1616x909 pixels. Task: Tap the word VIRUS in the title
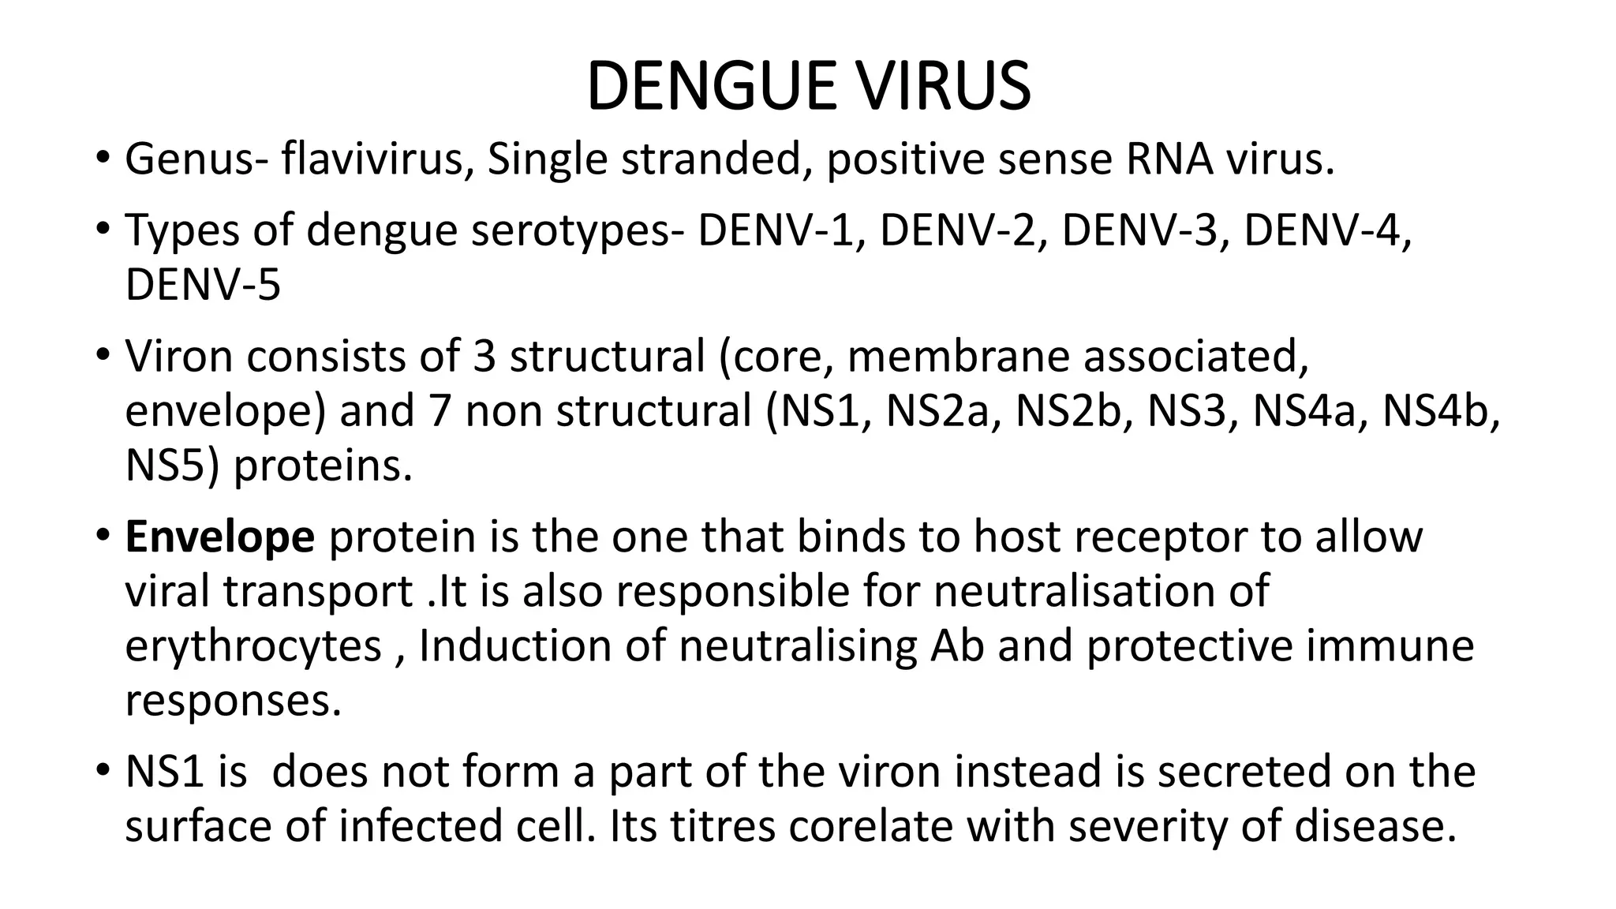(x=943, y=86)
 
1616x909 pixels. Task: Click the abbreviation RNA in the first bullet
(x=1169, y=159)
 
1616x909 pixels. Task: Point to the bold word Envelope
(x=220, y=537)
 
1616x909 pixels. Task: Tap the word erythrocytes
(x=253, y=646)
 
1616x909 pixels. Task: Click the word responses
(x=234, y=701)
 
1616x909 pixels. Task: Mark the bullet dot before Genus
(x=100, y=158)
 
